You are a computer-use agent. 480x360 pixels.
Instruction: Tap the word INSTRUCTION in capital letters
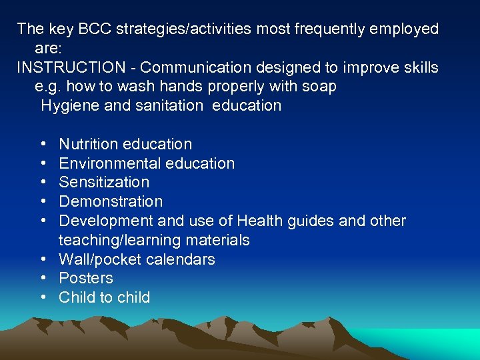tap(71, 68)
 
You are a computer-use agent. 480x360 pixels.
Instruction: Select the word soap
tap(319, 87)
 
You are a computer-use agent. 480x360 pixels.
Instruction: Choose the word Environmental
tap(105, 163)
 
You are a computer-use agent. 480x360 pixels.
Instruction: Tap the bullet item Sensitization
tap(104, 182)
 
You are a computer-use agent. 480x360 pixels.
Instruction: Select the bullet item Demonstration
tap(111, 201)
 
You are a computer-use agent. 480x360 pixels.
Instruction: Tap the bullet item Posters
tap(86, 278)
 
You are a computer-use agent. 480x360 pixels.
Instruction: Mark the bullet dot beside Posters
tap(43, 278)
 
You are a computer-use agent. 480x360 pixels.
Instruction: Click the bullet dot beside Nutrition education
tap(43, 144)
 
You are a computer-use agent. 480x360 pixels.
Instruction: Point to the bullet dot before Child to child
tap(43, 297)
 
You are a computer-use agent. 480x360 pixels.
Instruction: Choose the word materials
tap(219, 240)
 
